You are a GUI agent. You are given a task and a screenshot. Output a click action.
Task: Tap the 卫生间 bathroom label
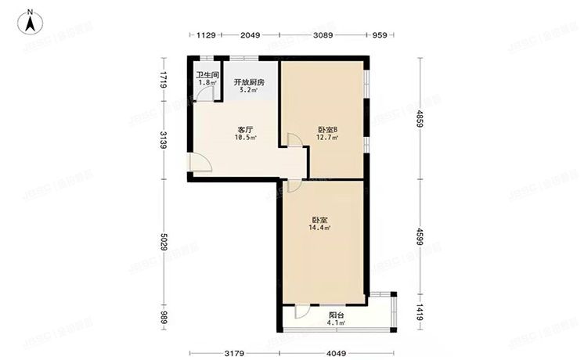pos(207,76)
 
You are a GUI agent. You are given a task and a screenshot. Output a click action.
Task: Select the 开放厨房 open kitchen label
pos(249,81)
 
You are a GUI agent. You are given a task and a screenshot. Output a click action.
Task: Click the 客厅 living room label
pos(244,130)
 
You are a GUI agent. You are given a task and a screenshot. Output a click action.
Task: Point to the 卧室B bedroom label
pos(327,130)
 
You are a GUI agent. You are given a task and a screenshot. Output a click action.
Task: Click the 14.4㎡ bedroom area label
pos(319,228)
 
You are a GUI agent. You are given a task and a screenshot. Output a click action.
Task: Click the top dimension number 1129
pos(205,35)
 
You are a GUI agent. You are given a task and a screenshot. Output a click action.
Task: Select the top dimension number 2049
pos(250,35)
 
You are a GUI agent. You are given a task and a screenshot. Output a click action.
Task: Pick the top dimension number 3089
pos(323,35)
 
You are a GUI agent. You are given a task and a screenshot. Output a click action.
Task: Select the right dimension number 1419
pos(420,313)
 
